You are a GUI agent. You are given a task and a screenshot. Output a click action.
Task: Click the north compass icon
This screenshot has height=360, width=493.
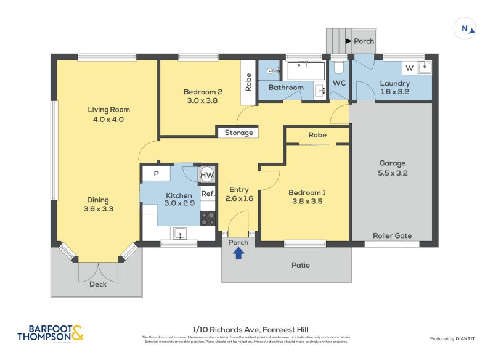[x=465, y=28]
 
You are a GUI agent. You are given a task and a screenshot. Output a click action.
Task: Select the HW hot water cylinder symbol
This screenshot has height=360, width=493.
[x=208, y=175]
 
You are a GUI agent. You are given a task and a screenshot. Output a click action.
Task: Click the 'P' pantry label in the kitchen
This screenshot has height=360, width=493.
[x=157, y=174]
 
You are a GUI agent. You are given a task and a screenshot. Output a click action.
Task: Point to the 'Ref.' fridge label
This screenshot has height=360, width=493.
[x=208, y=194]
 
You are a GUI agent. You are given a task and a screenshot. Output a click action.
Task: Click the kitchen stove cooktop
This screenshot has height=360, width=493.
[x=208, y=218]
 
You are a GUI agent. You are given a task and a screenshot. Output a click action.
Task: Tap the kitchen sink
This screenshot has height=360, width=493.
[x=181, y=233]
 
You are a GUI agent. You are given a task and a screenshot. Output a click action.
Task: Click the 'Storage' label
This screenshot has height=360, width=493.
[x=238, y=133]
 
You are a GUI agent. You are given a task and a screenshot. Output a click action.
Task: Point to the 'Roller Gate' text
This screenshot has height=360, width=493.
[x=392, y=235]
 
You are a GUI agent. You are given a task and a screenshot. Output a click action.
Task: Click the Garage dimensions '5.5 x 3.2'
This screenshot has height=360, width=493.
[x=392, y=173]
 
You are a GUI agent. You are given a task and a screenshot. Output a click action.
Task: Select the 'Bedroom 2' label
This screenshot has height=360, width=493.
[x=203, y=92]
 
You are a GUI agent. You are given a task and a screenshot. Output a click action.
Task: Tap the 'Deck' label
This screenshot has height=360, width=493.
[x=98, y=284]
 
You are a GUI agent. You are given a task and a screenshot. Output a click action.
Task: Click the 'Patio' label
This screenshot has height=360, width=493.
[x=301, y=265]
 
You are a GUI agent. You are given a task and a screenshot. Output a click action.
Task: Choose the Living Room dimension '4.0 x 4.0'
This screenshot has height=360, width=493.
[x=108, y=120]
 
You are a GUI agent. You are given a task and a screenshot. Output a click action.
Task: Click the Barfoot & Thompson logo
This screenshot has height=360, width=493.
[x=50, y=333]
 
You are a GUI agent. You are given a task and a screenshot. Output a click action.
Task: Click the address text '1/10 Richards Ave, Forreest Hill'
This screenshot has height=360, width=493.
[x=246, y=330]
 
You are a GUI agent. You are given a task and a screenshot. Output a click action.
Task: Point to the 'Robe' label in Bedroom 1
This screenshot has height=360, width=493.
[x=317, y=135]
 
